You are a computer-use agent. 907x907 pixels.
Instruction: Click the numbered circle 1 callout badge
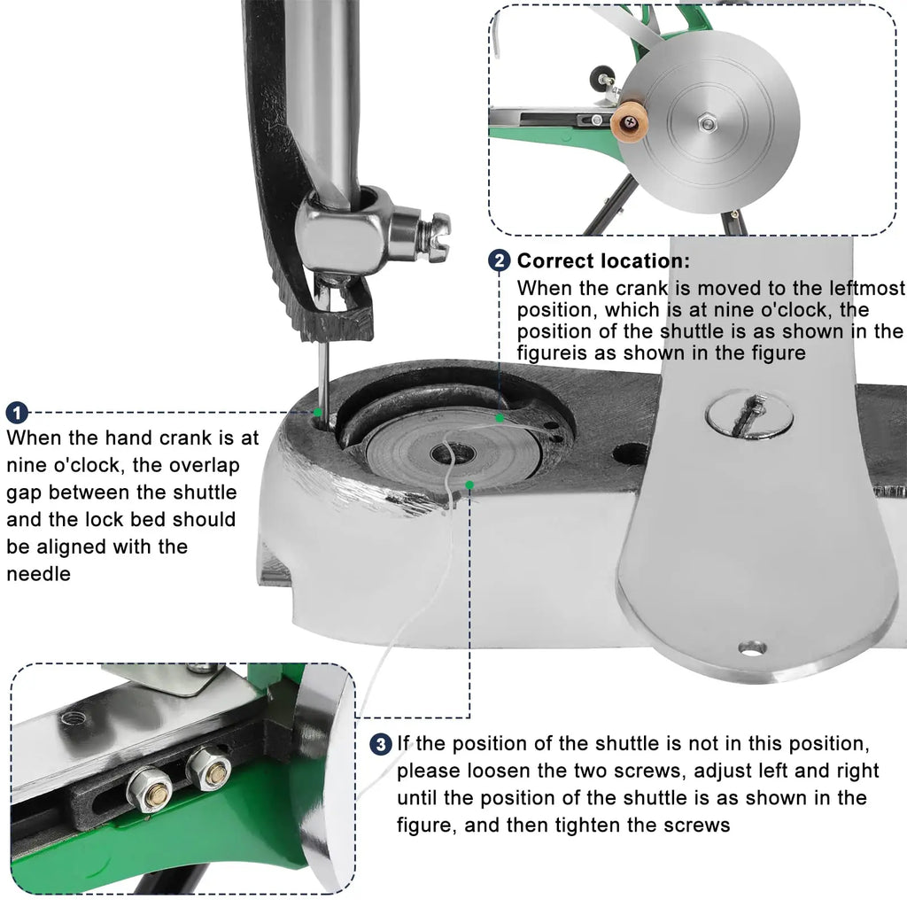coord(17,413)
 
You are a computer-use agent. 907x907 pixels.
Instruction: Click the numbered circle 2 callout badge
coord(499,261)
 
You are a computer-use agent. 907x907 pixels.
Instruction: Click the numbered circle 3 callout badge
coord(381,744)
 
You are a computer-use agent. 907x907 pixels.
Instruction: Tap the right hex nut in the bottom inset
coord(209,767)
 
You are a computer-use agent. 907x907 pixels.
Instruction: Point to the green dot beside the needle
coord(317,411)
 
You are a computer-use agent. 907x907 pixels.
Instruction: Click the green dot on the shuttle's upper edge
coord(500,417)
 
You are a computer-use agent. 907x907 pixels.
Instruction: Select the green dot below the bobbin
coord(469,485)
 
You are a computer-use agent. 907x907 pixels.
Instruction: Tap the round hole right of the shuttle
coord(628,453)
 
